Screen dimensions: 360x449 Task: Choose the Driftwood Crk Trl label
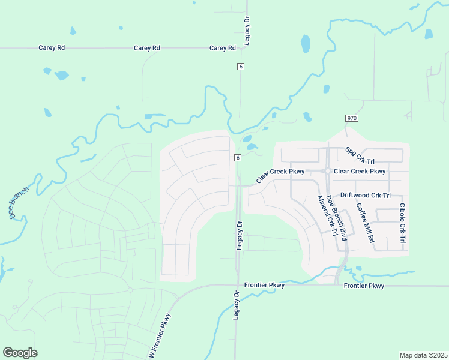pyautogui.click(x=365, y=196)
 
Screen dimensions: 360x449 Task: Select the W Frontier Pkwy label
pyautogui.click(x=159, y=337)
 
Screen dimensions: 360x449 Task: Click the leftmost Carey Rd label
pyautogui.click(x=51, y=47)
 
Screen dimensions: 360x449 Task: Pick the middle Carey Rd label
pyautogui.click(x=146, y=47)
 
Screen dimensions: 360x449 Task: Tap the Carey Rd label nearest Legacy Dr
pyautogui.click(x=222, y=47)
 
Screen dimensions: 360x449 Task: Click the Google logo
pyautogui.click(x=20, y=352)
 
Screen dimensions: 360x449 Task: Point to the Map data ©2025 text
pyautogui.click(x=423, y=355)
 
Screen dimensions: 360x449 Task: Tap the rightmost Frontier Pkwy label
pyautogui.click(x=364, y=286)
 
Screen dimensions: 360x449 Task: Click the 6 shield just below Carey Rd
pyautogui.click(x=240, y=67)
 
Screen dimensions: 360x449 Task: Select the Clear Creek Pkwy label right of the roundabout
pyautogui.click(x=359, y=171)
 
